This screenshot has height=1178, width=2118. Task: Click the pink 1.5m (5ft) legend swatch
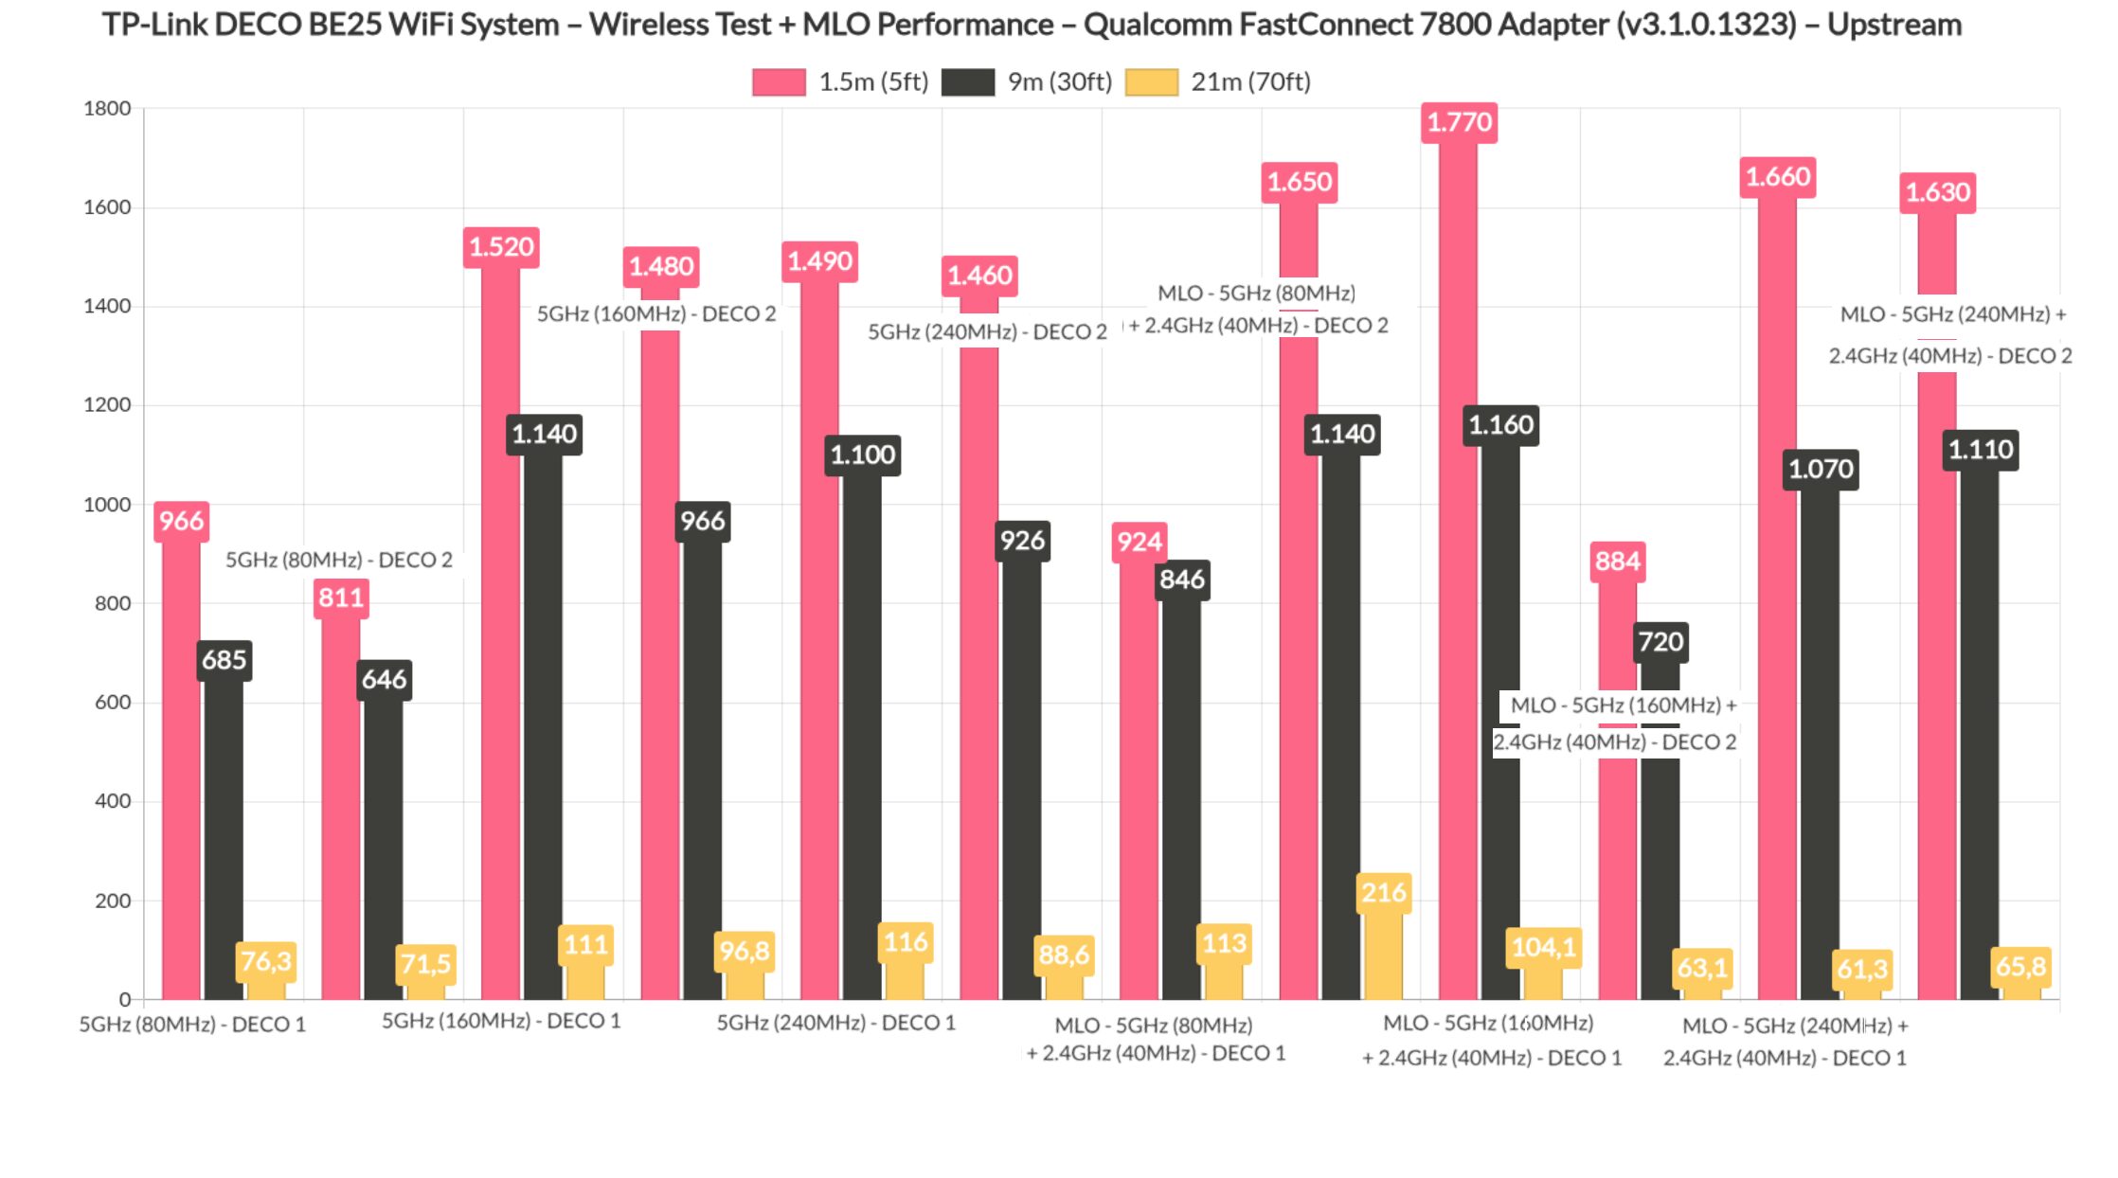point(779,82)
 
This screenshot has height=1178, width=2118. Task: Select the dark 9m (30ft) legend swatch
point(967,82)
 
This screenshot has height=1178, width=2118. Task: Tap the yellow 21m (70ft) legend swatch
point(1151,82)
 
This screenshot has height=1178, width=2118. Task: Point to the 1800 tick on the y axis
point(107,109)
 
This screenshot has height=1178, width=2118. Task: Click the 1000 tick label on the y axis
point(107,505)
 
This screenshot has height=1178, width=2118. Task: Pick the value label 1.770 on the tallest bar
point(1459,122)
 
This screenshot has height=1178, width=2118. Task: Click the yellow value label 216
point(1383,892)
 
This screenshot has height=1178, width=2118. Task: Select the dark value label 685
point(224,660)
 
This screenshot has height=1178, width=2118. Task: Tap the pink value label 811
point(341,598)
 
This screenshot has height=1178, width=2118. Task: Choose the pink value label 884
point(1617,561)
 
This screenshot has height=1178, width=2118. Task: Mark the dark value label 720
point(1660,642)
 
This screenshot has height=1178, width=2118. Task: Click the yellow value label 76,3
point(266,962)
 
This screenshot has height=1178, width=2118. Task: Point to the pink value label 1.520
point(501,247)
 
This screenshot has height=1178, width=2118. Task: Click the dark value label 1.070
point(1821,469)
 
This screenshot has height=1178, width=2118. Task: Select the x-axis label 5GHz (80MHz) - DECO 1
point(192,1025)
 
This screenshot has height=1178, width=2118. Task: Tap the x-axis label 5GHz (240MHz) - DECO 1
point(835,1023)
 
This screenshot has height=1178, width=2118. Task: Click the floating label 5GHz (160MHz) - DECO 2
point(656,313)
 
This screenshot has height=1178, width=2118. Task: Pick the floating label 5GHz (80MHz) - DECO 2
point(339,560)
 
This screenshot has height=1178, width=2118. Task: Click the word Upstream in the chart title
point(1894,25)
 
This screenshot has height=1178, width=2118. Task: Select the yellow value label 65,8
point(2020,967)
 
